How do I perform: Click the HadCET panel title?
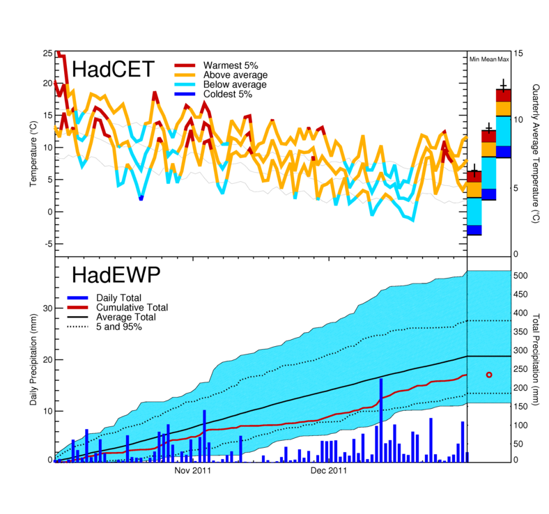(x=112, y=70)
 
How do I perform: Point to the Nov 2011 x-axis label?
(x=192, y=471)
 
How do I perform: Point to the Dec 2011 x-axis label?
(x=328, y=471)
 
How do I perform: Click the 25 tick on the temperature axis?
(x=46, y=53)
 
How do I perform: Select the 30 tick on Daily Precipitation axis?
(x=48, y=308)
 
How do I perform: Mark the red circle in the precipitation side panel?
(x=488, y=375)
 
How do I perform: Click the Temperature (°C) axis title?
(x=33, y=153)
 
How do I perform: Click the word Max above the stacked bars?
(x=503, y=60)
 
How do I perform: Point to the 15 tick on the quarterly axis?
(x=518, y=53)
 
